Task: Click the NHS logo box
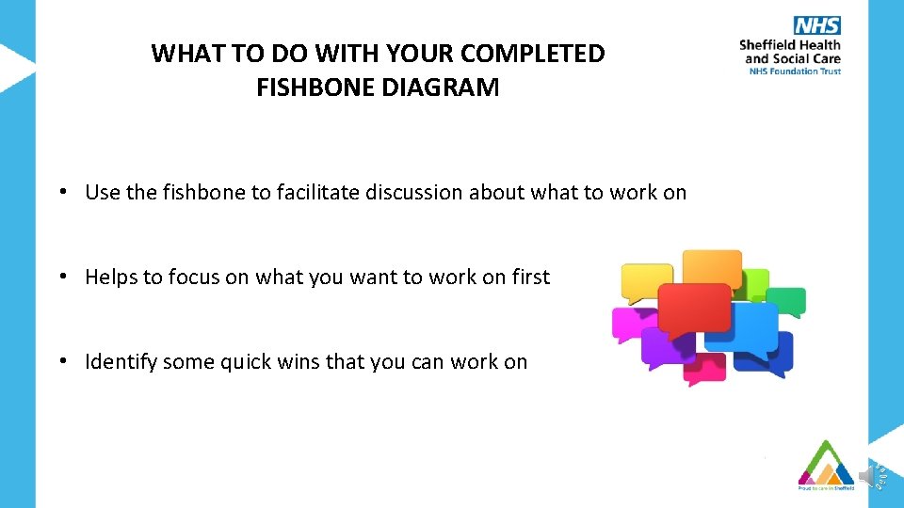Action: pos(816,26)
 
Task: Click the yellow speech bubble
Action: pos(647,282)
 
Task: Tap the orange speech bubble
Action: pos(711,268)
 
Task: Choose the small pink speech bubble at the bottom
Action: pos(705,368)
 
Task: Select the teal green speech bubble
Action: pos(787,301)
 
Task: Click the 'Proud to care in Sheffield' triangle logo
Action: pos(825,465)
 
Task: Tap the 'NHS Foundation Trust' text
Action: pos(794,71)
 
